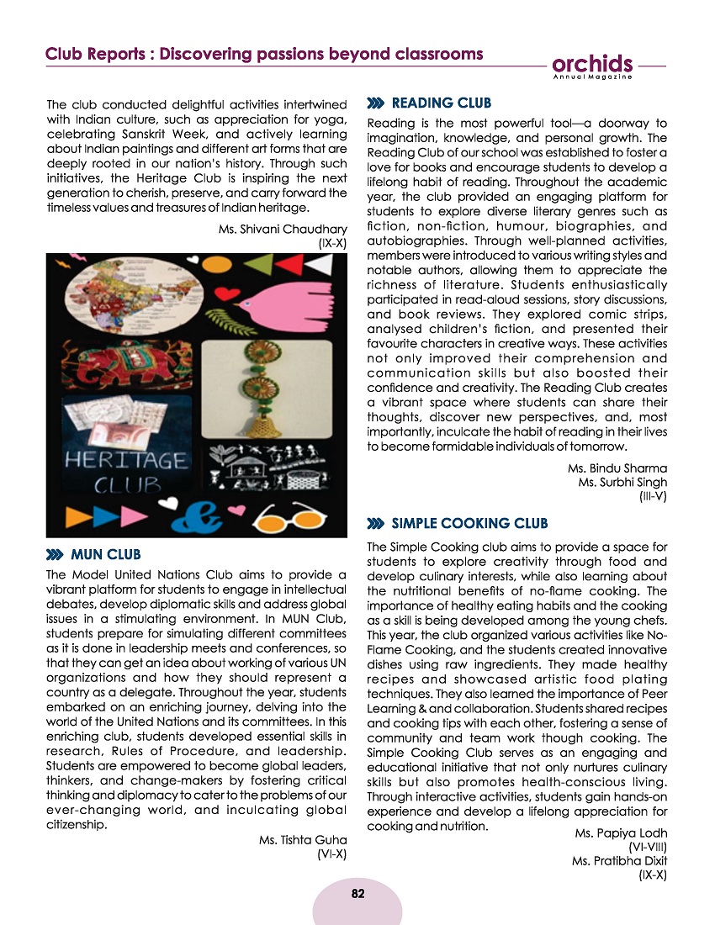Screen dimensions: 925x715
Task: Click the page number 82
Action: (x=357, y=893)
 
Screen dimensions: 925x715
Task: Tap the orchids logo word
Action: (x=593, y=64)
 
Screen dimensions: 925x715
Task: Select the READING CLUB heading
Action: (x=442, y=103)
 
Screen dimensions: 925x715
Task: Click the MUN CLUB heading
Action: (x=106, y=555)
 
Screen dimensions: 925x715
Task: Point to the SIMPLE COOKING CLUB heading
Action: (x=470, y=524)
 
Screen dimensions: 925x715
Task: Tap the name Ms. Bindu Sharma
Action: (x=617, y=468)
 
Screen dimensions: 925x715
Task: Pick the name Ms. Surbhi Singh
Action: (x=622, y=483)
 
